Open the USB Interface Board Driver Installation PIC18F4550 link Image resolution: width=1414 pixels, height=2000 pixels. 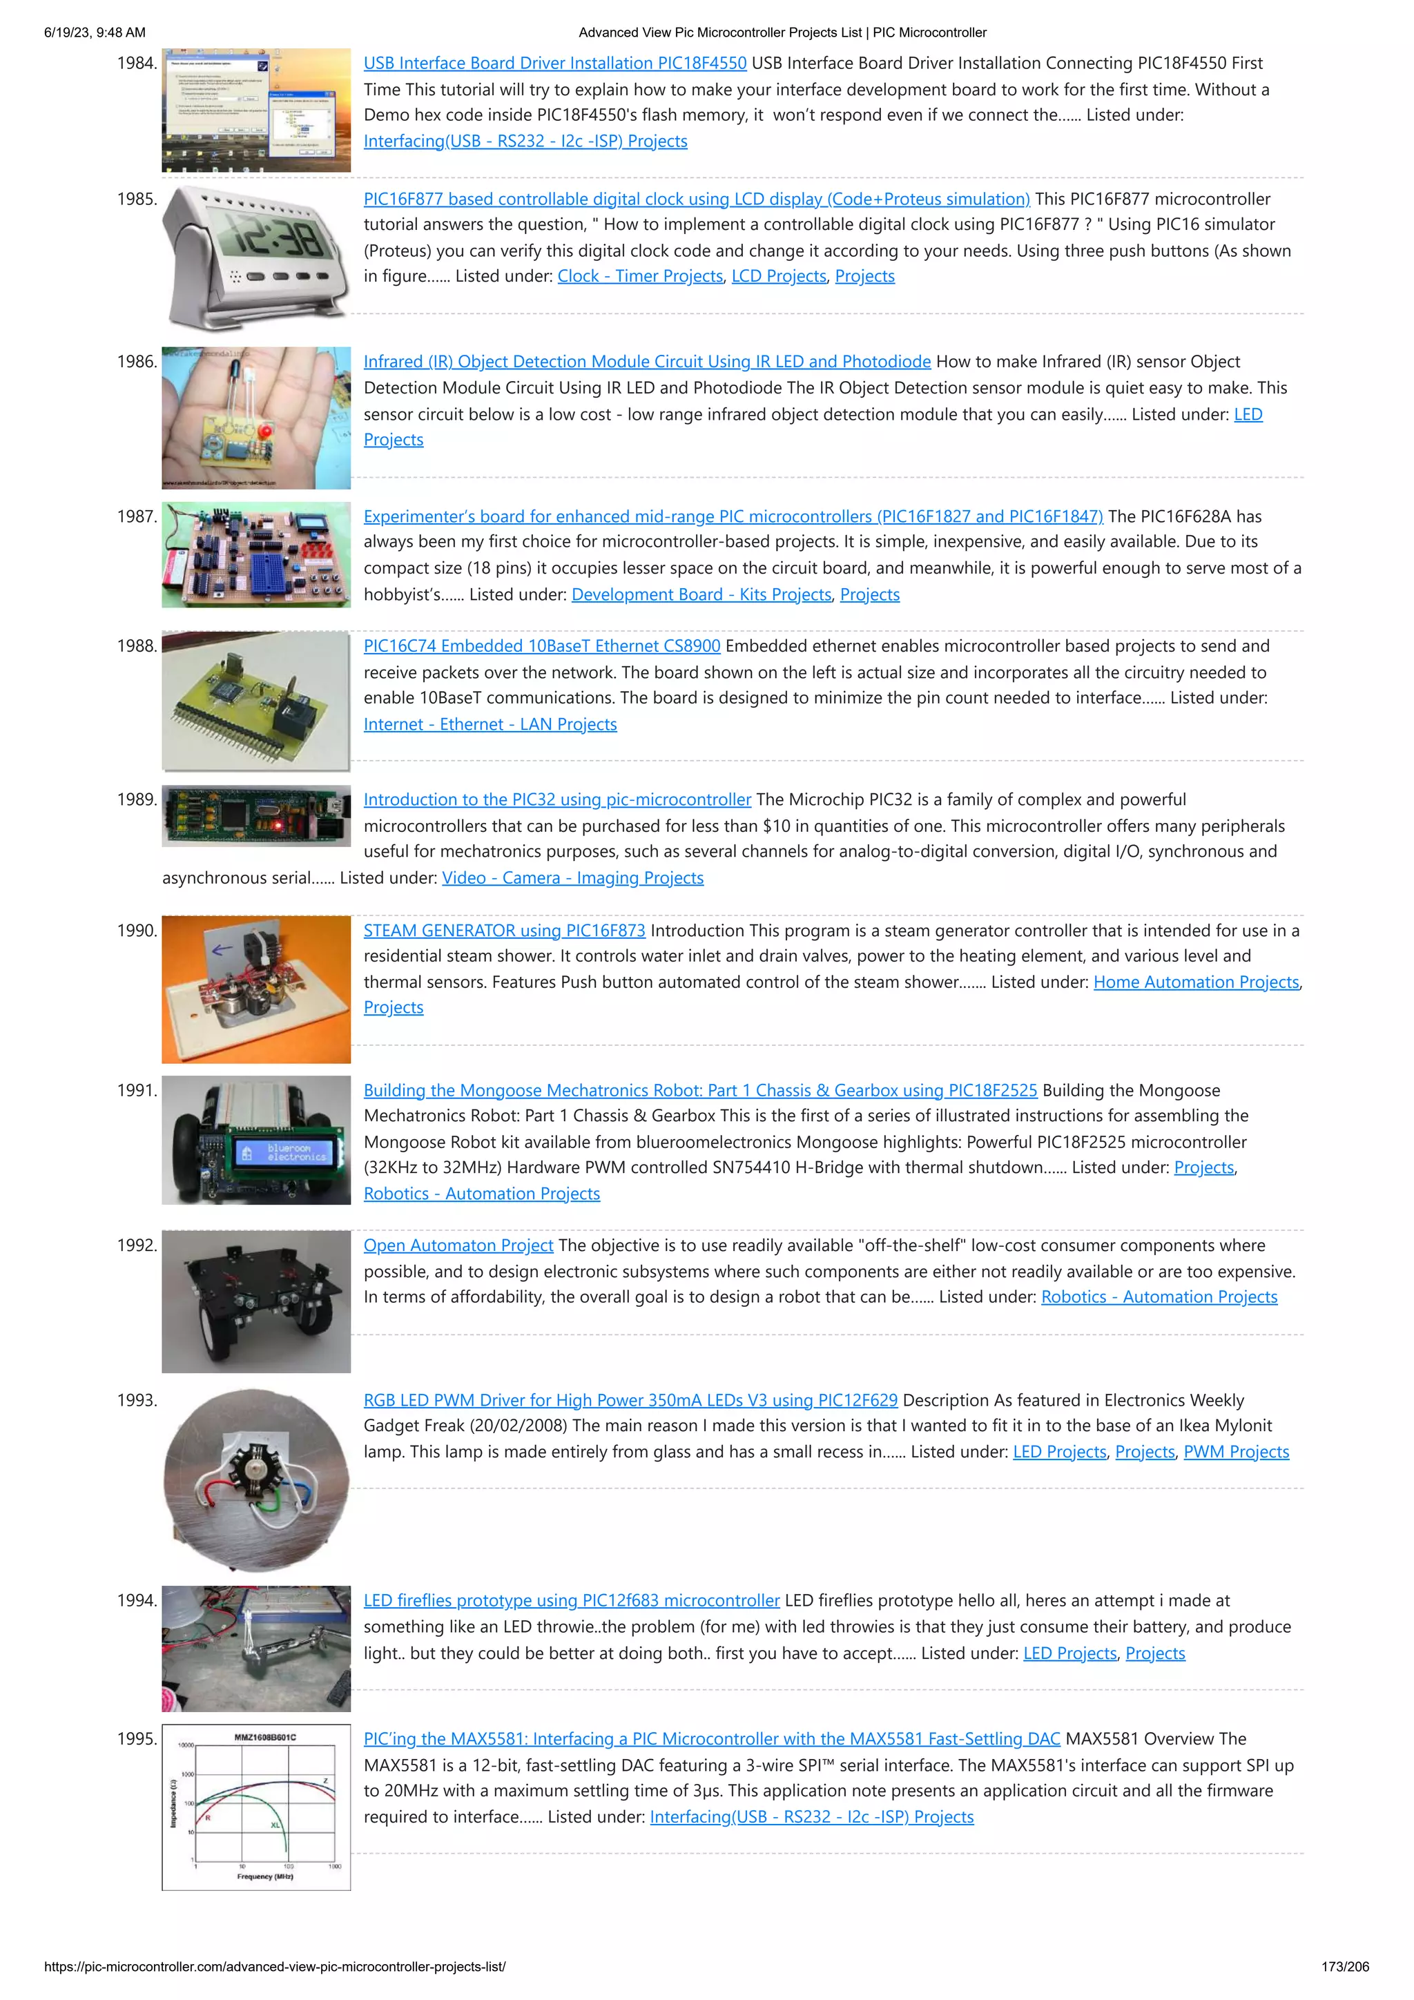(555, 64)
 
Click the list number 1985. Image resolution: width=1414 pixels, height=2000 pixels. (137, 200)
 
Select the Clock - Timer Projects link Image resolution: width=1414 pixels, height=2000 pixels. (639, 276)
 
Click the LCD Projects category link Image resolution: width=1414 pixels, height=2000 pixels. (778, 276)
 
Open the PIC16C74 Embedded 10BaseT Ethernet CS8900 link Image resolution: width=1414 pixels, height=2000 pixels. (541, 646)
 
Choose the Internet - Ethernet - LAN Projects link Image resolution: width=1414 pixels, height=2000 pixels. (490, 725)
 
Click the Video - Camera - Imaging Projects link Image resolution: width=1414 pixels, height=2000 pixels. (572, 878)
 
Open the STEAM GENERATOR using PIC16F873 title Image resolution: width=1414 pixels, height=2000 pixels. (505, 931)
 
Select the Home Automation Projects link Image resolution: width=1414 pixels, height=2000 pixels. (1195, 982)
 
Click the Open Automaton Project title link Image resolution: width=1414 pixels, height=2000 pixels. (458, 1245)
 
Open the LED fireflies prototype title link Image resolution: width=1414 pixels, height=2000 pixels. (572, 1601)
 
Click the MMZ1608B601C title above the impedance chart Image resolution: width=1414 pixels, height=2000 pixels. (265, 1737)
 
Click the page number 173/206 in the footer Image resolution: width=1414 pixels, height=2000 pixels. (1344, 1967)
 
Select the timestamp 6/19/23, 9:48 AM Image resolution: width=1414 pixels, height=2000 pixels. (95, 33)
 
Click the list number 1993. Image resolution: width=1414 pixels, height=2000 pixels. (137, 1401)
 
